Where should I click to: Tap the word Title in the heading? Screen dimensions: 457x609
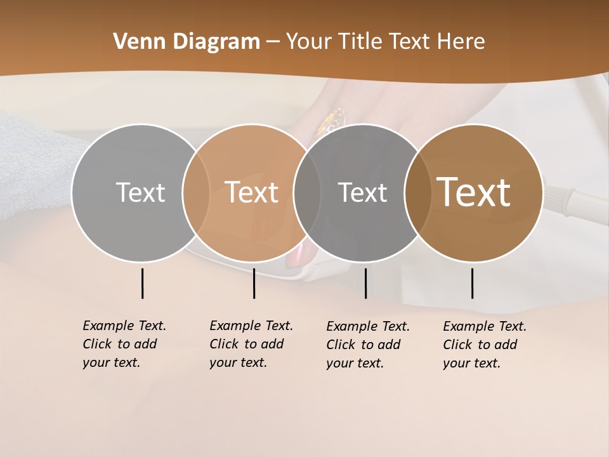pyautogui.click(x=359, y=42)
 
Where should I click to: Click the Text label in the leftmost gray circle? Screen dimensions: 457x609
pyautogui.click(x=140, y=192)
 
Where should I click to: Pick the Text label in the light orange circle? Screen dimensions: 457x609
pyautogui.click(x=252, y=192)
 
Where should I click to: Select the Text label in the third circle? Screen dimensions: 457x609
pyautogui.click(x=362, y=192)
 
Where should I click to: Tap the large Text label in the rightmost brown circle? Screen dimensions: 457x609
pyautogui.click(x=474, y=192)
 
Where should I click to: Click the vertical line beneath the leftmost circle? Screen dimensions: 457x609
pyautogui.click(x=143, y=283)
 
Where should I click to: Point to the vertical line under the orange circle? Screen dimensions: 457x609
pyautogui.click(x=254, y=283)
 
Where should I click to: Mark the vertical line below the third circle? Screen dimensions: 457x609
pyautogui.click(x=366, y=283)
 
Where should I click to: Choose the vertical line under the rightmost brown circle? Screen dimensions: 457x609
pyautogui.click(x=473, y=283)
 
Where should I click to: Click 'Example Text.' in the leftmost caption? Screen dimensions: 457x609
pyautogui.click(x=124, y=326)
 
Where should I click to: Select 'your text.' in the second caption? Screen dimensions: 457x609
pyautogui.click(x=238, y=362)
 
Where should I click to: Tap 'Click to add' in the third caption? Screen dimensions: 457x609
pyautogui.click(x=363, y=345)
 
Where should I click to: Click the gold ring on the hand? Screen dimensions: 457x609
pyautogui.click(x=334, y=117)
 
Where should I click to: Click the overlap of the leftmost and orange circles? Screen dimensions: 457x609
pyautogui.click(x=196, y=192)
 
